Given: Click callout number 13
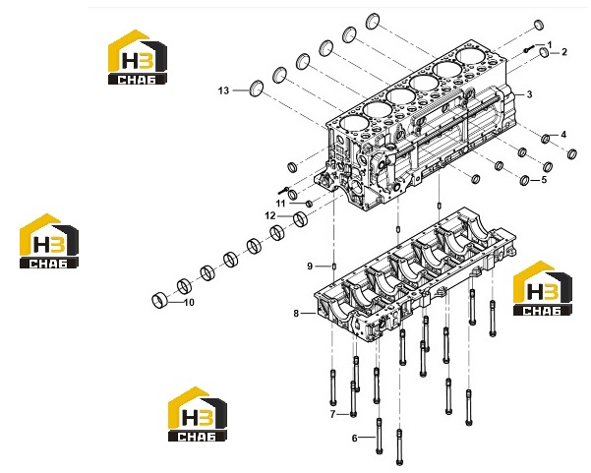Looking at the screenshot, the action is pyautogui.click(x=223, y=90).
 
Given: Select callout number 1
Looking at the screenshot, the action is pyautogui.click(x=550, y=45).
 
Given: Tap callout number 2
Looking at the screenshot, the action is pyautogui.click(x=564, y=52).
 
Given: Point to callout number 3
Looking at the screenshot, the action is pyautogui.click(x=529, y=94).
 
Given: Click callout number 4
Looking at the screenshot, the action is pyautogui.click(x=563, y=135).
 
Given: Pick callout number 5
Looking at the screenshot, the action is pyautogui.click(x=544, y=180).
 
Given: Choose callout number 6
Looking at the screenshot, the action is pyautogui.click(x=355, y=438).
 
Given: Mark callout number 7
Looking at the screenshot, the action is pyautogui.click(x=332, y=415).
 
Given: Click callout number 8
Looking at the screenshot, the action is pyautogui.click(x=296, y=313).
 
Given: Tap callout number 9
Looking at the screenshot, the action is pyautogui.click(x=310, y=266).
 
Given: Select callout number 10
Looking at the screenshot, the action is pyautogui.click(x=189, y=303).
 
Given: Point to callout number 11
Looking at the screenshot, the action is pyautogui.click(x=280, y=204).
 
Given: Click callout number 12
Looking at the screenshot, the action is pyautogui.click(x=270, y=216).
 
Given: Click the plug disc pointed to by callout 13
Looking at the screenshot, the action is pyautogui.click(x=257, y=89).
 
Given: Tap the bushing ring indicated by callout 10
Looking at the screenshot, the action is pyautogui.click(x=159, y=300).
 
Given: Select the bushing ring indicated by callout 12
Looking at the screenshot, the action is pyautogui.click(x=300, y=219).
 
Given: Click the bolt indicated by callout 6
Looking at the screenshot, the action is pyautogui.click(x=380, y=436).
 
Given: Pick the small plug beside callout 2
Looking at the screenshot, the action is pyautogui.click(x=544, y=52).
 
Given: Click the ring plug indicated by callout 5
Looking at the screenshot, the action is pyautogui.click(x=524, y=181).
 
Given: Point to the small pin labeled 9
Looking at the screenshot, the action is pyautogui.click(x=334, y=266).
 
